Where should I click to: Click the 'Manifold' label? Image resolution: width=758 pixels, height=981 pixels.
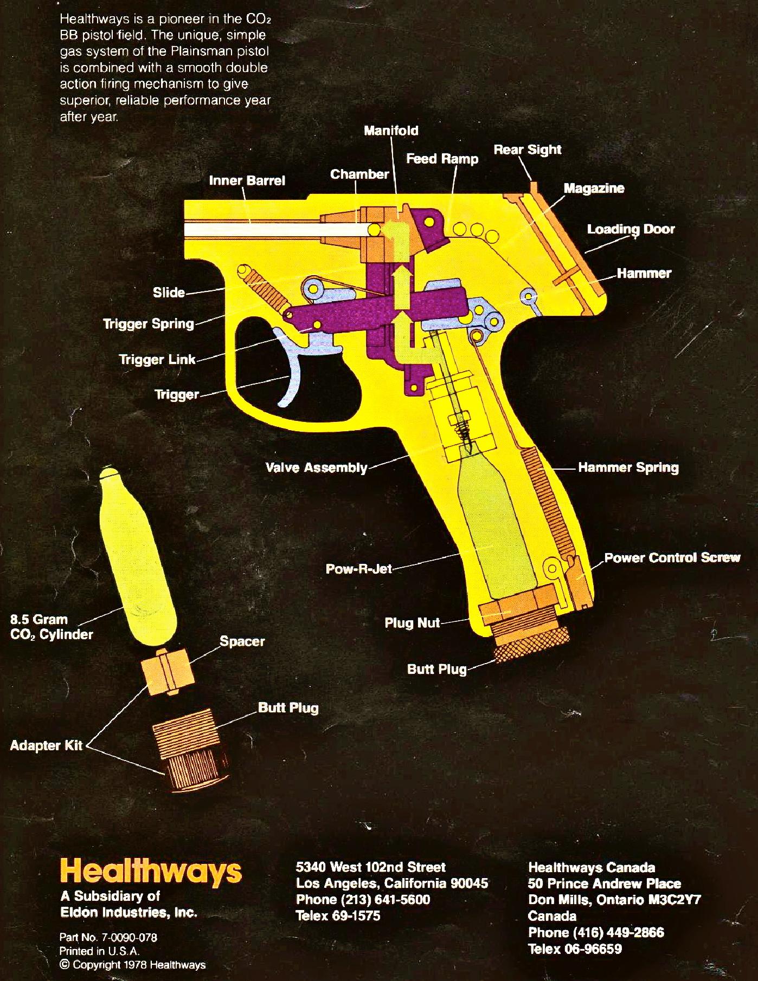coord(391,131)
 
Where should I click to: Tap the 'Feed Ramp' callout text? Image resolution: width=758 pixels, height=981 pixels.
coord(442,159)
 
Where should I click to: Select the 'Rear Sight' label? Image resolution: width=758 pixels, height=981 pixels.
coord(527,150)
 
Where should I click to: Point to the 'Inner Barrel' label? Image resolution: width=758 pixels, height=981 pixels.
coord(247,180)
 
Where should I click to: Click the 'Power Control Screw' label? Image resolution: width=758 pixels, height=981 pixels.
coord(672,557)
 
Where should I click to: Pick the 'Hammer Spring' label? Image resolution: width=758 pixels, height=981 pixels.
coord(628,467)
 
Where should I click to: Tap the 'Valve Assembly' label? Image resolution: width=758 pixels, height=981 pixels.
coord(316,467)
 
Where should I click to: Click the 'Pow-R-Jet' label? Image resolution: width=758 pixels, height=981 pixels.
coord(358,569)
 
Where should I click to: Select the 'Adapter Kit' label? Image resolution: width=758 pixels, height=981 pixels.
coord(46,745)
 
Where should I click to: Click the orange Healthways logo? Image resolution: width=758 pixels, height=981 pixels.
coord(151,871)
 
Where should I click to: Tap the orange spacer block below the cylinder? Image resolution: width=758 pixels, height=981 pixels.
coord(167,670)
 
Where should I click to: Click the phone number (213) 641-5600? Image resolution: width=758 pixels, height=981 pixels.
coord(363,899)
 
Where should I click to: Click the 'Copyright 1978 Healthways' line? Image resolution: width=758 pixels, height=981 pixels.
coord(133,964)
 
